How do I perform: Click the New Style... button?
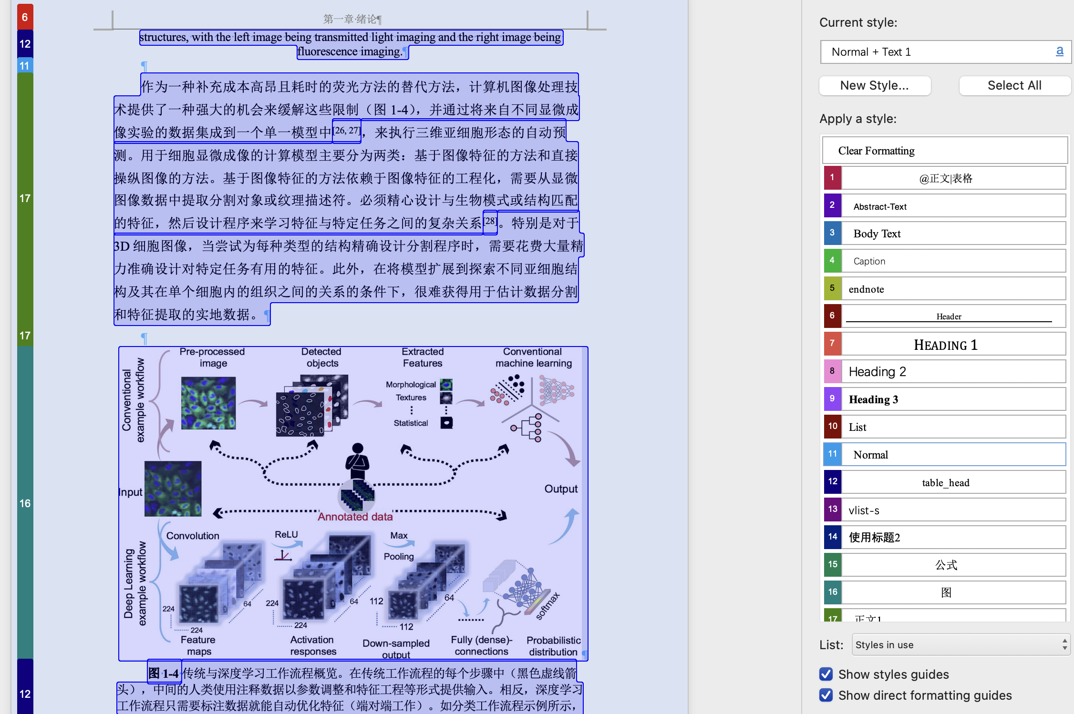(x=874, y=86)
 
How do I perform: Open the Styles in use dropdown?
(x=960, y=645)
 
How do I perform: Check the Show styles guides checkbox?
(x=826, y=674)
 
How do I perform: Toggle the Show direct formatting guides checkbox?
(x=826, y=695)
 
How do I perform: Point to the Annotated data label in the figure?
(x=355, y=517)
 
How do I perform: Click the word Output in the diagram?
(x=561, y=489)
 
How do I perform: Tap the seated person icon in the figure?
(x=358, y=460)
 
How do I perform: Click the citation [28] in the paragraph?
(x=490, y=222)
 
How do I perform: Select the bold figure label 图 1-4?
(x=164, y=673)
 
